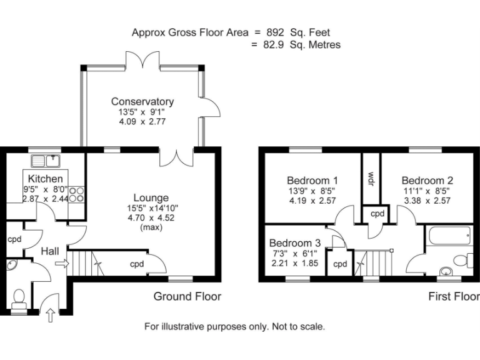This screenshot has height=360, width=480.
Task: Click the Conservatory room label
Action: pyautogui.click(x=142, y=102)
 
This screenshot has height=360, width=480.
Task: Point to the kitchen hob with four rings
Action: pyautogui.click(x=76, y=194)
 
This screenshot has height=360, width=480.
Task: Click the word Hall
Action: pyautogui.click(x=50, y=251)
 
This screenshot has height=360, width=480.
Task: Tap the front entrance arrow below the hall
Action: pyautogui.click(x=50, y=316)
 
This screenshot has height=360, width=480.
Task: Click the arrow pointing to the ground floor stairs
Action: pyautogui.click(x=60, y=264)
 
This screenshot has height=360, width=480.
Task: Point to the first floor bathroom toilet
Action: pyautogui.click(x=463, y=259)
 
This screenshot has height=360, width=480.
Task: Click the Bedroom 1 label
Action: pyautogui.click(x=312, y=180)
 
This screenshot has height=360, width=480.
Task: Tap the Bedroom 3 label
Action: pyautogui.click(x=295, y=243)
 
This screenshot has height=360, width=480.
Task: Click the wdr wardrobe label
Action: pyautogui.click(x=371, y=178)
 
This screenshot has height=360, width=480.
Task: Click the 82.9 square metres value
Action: pyautogui.click(x=273, y=45)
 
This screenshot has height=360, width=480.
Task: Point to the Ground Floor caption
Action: pyautogui.click(x=187, y=296)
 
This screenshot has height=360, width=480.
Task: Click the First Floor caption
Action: pyautogui.click(x=453, y=296)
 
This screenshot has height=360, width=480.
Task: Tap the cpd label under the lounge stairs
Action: pyautogui.click(x=137, y=264)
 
